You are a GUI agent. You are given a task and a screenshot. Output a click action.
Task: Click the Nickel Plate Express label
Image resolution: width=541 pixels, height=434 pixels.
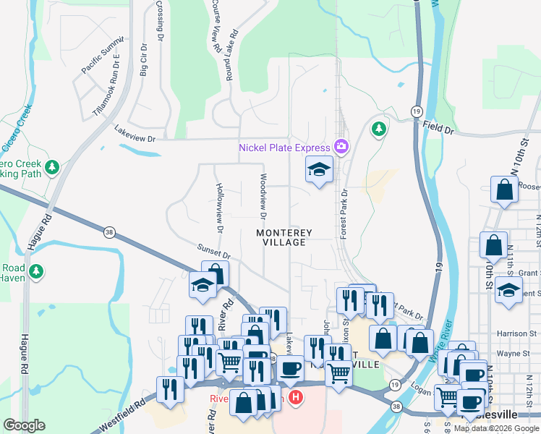tap(285, 148)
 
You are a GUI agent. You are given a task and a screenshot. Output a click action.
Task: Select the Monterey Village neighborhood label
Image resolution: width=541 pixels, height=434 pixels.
tap(284, 238)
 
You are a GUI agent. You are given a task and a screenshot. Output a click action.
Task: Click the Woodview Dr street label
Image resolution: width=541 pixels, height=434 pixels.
tap(263, 196)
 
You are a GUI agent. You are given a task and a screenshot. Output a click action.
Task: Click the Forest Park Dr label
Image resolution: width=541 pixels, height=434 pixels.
tap(344, 215)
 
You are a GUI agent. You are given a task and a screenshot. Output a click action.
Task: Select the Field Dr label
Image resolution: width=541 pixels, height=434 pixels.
tap(438, 129)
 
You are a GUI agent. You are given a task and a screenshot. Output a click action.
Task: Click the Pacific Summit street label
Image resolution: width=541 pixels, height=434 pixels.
tap(103, 58)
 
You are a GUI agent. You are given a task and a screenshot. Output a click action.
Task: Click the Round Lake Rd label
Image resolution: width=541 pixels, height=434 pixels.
tap(232, 55)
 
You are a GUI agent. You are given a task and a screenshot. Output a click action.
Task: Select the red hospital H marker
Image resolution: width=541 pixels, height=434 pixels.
tap(295, 397)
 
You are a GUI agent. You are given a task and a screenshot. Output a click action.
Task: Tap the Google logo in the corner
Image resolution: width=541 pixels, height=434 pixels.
tap(25, 425)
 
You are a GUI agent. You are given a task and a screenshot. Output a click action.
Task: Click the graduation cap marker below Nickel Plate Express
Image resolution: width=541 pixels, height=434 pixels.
tap(318, 170)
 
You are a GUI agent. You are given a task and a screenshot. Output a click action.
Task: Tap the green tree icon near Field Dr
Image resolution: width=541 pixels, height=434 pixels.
tap(378, 129)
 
